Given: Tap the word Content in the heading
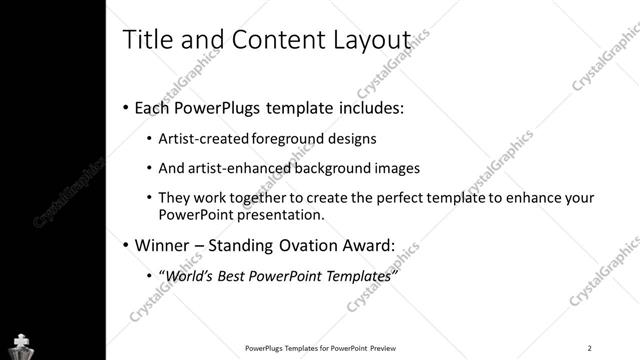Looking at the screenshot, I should (275, 39).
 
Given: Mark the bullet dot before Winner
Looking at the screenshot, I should (124, 245).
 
